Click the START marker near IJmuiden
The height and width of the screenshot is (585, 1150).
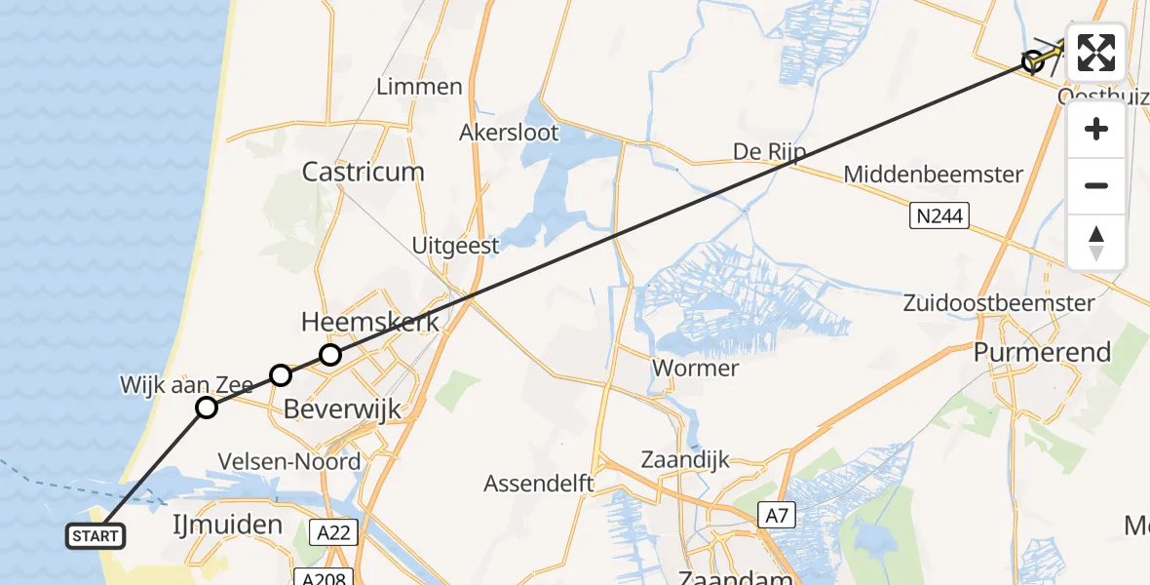96,535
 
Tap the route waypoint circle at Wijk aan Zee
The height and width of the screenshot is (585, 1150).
207,407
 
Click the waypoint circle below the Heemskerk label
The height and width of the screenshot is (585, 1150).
330,355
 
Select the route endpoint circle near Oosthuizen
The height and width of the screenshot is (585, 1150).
1032,62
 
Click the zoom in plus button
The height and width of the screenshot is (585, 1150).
1096,130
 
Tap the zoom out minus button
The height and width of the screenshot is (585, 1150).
1096,185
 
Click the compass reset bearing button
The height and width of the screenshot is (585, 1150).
1096,242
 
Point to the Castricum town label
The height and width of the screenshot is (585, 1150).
363,173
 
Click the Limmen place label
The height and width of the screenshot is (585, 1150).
420,87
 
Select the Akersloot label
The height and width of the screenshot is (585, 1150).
510,132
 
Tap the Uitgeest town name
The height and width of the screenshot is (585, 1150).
455,245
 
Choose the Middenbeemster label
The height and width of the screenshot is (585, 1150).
933,175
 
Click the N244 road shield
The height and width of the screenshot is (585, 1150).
941,216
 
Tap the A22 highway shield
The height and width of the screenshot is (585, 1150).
337,532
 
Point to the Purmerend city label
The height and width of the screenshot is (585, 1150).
1042,352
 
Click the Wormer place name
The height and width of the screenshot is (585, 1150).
696,369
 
